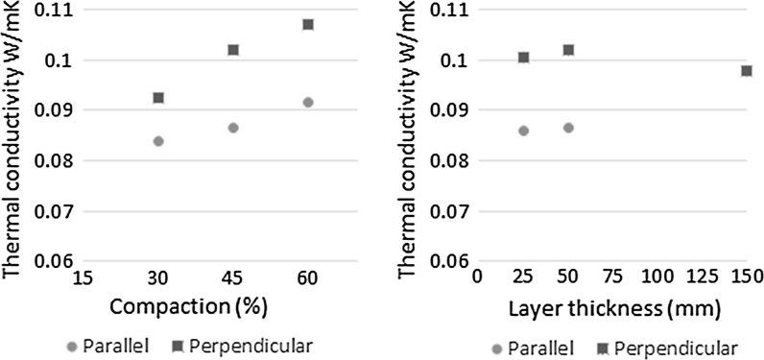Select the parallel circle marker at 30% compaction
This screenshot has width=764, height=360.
tap(158, 141)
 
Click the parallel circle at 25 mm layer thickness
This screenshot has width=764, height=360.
tap(523, 131)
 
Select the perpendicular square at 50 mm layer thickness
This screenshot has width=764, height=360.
tap(568, 50)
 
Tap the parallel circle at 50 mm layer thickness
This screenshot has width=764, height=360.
tap(568, 128)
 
